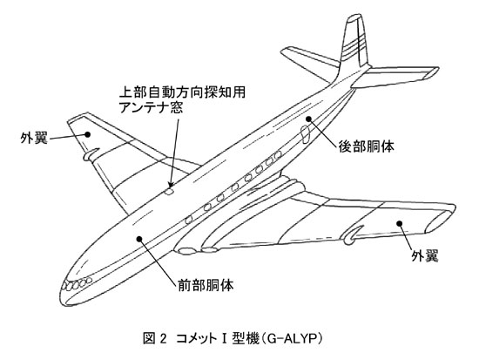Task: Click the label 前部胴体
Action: pyautogui.click(x=206, y=285)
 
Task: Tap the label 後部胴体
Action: pyautogui.click(x=366, y=146)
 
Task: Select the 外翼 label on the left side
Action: pyautogui.click(x=34, y=138)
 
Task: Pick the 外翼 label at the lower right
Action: pyautogui.click(x=425, y=255)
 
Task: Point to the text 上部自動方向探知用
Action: pyautogui.click(x=182, y=92)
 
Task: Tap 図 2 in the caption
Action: pyautogui.click(x=154, y=338)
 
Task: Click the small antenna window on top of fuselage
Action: pyautogui.click(x=169, y=192)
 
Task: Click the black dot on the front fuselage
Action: pyautogui.click(x=139, y=239)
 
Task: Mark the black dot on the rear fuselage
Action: pyautogui.click(x=309, y=119)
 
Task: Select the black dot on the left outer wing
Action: pyautogui.click(x=88, y=134)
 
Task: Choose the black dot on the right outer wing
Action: pyautogui.click(x=399, y=223)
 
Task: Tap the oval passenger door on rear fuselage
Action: pyautogui.click(x=305, y=134)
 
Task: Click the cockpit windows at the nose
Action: pyautogui.click(x=77, y=284)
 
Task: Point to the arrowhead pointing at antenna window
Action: pyautogui.click(x=171, y=182)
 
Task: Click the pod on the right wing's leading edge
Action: pyautogui.click(x=352, y=234)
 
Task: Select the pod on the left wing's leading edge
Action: pyautogui.click(x=91, y=153)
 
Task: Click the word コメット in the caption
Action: pyautogui.click(x=199, y=338)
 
